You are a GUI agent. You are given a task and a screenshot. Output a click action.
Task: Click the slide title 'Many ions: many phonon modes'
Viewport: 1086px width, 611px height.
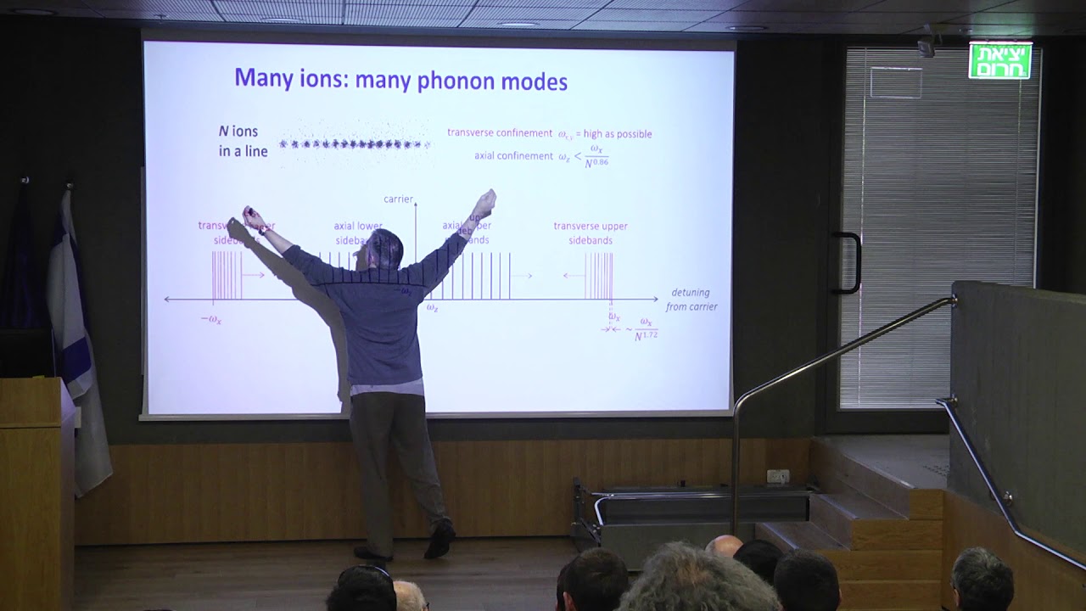(400, 80)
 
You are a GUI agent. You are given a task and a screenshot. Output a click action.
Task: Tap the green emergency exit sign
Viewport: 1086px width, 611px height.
(1000, 61)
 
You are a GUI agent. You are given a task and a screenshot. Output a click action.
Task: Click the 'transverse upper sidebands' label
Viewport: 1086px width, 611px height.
(591, 233)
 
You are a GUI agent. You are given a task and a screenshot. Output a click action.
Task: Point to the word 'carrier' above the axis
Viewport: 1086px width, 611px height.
(398, 199)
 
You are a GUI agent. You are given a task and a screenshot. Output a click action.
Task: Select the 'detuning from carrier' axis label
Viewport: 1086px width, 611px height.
(691, 300)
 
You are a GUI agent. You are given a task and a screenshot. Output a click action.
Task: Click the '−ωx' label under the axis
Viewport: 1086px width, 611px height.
(210, 320)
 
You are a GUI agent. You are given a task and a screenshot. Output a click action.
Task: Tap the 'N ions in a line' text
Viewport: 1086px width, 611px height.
(243, 142)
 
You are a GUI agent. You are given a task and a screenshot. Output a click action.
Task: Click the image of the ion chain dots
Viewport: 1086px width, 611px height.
(355, 144)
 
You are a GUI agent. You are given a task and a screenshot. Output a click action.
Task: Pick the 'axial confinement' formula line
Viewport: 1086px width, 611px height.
(540, 157)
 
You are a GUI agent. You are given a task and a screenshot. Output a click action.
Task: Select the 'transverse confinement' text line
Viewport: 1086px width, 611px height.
(549, 134)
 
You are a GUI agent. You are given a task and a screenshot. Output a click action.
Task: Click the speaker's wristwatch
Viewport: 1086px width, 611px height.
(264, 229)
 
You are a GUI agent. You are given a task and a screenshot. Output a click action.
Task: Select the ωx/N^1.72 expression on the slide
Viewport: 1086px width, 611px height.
(646, 328)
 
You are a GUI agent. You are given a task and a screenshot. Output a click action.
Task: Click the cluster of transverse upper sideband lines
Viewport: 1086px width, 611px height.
(599, 277)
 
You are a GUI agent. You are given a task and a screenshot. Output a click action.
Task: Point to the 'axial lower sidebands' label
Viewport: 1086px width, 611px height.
(357, 233)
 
